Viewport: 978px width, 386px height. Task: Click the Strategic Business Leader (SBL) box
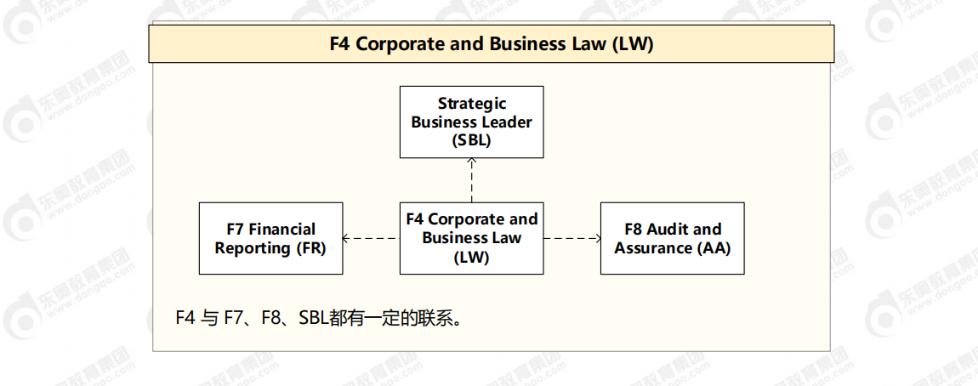click(x=471, y=122)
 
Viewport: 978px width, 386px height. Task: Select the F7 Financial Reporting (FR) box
click(x=270, y=238)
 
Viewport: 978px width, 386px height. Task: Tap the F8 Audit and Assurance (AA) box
click(x=672, y=238)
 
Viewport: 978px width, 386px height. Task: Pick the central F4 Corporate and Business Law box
click(x=471, y=238)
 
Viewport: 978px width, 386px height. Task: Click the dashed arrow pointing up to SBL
click(x=471, y=179)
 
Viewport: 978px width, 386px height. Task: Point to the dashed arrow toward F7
click(x=371, y=239)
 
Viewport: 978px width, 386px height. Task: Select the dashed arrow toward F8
click(x=571, y=239)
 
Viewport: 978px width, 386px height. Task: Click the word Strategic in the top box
click(x=472, y=104)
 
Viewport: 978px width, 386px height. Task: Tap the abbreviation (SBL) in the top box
click(x=472, y=140)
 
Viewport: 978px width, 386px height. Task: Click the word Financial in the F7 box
click(x=282, y=230)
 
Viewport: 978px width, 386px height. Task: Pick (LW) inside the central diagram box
click(x=472, y=257)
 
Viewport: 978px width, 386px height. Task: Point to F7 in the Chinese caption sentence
click(x=236, y=318)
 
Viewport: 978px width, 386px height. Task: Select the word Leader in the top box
click(x=507, y=122)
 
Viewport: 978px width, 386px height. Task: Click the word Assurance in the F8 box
click(x=652, y=248)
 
